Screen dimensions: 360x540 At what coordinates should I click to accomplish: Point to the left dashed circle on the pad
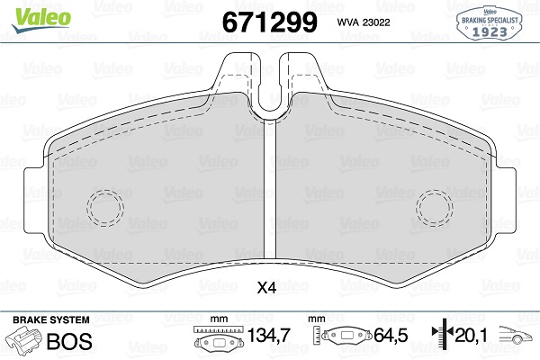[x=104, y=208]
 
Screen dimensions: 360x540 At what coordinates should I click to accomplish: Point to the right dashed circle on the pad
[x=436, y=208]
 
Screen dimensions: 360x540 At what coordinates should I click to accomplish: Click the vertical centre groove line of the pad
[x=270, y=198]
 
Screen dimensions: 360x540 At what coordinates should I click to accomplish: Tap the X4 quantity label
[x=266, y=289]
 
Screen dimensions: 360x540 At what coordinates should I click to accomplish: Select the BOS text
[x=64, y=341]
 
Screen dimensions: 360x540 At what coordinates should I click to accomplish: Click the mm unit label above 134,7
[x=216, y=319]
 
